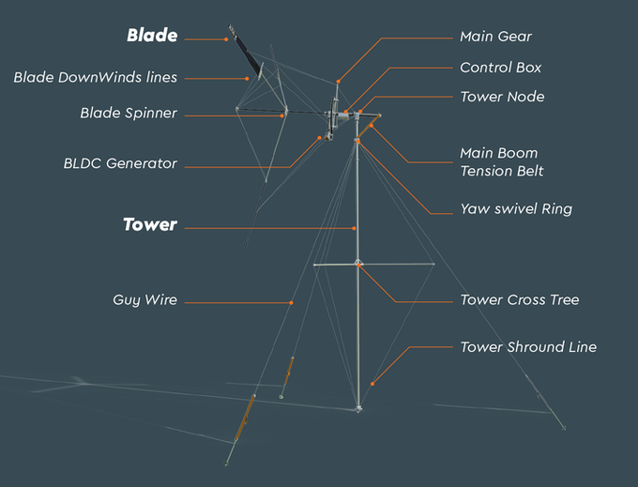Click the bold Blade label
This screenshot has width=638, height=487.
click(152, 37)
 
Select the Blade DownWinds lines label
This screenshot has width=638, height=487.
click(95, 77)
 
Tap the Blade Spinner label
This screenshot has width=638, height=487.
click(129, 114)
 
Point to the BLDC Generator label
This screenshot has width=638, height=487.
click(120, 163)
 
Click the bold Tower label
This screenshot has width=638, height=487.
click(150, 225)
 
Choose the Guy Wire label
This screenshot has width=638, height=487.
click(144, 300)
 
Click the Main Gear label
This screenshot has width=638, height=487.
click(495, 37)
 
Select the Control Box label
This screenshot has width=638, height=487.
click(500, 68)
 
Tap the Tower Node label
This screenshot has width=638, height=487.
click(502, 97)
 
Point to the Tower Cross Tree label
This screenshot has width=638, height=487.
click(519, 300)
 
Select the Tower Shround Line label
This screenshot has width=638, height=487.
click(527, 347)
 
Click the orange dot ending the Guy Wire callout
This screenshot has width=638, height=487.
click(292, 302)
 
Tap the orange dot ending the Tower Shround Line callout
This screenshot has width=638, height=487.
click(372, 383)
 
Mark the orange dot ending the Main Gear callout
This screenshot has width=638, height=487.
click(338, 81)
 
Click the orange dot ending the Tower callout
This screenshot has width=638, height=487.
click(355, 227)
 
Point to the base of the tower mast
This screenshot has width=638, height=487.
click(358, 408)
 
